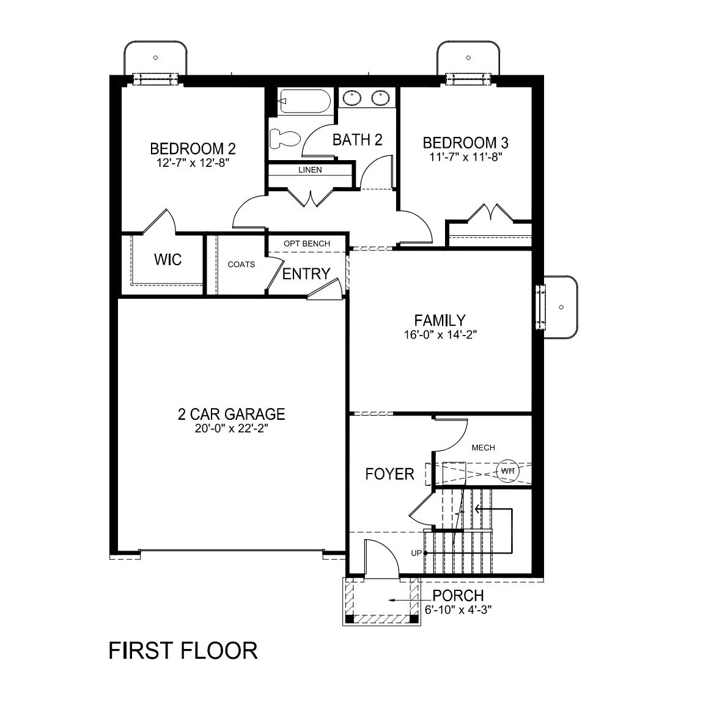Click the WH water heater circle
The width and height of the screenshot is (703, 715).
pos(507,471)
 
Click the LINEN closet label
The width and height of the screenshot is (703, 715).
pos(310,170)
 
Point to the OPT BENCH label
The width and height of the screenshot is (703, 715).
pos(306,244)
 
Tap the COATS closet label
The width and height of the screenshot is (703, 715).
pos(241,265)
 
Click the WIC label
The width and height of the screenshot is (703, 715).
pos(167,259)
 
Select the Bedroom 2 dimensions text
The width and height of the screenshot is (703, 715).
pos(193,163)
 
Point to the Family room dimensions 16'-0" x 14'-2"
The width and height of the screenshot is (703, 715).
pos(440,335)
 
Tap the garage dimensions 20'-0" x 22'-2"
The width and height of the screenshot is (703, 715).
pos(231,429)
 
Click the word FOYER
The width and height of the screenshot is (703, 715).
pos(389,474)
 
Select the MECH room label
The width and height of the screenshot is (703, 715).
pos(483,448)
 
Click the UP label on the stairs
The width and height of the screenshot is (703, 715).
pos(417,553)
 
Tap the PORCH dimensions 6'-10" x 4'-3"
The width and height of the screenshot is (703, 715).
pos(458,609)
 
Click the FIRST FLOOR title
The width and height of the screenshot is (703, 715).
pos(183,650)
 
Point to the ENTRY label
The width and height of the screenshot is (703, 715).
pos(306,274)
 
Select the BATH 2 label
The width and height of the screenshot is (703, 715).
pos(357,140)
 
